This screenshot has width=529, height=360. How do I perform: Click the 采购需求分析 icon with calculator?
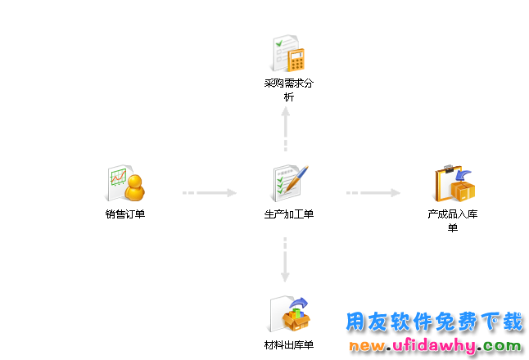point(289,52)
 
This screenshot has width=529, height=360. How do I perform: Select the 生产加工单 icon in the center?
point(289,183)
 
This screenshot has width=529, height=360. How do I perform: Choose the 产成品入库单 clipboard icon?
point(454,183)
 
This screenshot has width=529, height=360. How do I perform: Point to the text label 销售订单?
point(125,215)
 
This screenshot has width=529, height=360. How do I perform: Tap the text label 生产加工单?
point(289,215)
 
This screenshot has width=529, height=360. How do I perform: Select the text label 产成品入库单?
point(453,221)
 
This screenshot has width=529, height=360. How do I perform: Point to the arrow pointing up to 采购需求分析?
point(286,129)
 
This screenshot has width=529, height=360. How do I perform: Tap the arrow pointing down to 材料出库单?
point(286,260)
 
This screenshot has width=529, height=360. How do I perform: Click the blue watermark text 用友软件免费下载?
point(434,322)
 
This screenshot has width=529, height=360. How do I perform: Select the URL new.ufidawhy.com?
point(435,346)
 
